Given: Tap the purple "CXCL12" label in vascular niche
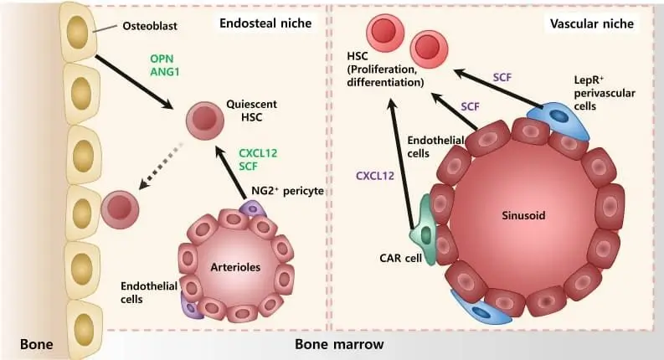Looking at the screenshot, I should pos(373,176).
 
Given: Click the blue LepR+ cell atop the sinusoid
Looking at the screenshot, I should pos(557,118).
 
